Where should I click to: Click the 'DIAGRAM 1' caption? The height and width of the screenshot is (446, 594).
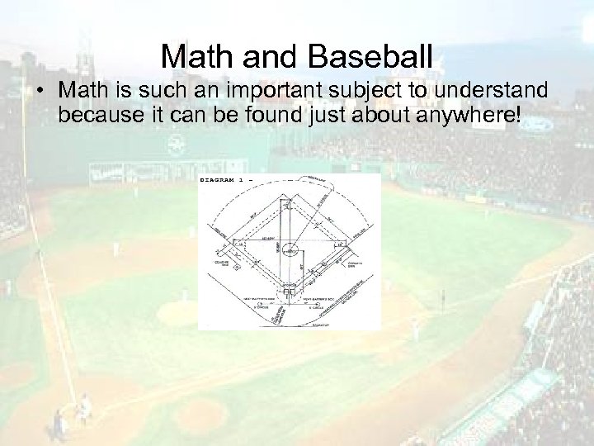tap(224, 180)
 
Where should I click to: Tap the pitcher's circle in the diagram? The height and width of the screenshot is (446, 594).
tap(290, 249)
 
